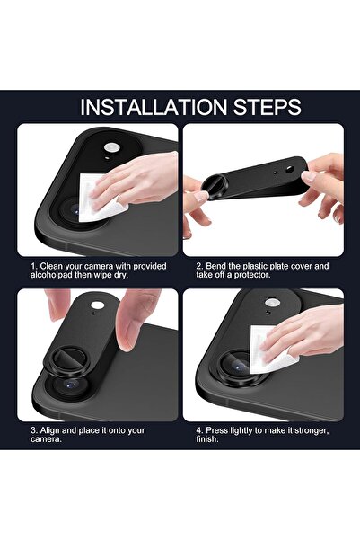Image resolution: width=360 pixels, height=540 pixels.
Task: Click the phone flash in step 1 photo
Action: point(112,147)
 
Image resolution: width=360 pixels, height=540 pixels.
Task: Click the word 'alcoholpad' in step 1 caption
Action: point(50,278)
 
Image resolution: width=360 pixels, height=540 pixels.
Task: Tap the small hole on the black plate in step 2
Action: point(272,167)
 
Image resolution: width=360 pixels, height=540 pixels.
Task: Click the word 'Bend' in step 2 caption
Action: point(215,266)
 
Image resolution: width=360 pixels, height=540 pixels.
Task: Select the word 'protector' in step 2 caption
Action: point(270,278)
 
